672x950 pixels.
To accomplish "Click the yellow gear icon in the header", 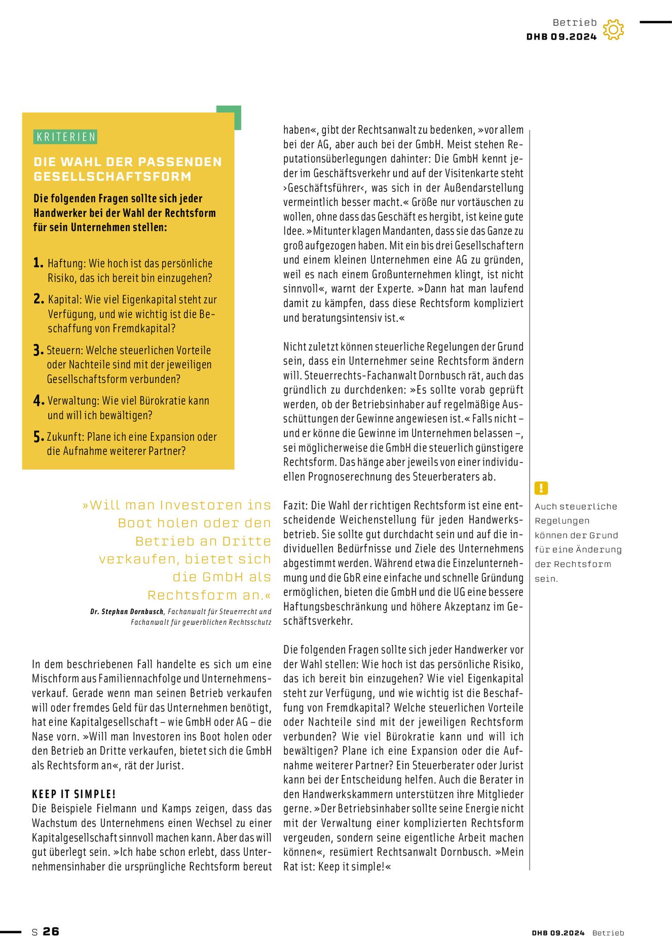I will tap(613, 30).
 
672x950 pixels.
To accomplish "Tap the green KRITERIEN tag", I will tap(66, 137).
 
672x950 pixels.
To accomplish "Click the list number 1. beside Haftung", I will tap(39, 263).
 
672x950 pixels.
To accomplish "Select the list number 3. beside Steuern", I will tap(39, 350).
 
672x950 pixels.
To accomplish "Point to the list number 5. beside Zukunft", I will tap(39, 437).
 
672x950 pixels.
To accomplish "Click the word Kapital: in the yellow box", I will tap(65, 299).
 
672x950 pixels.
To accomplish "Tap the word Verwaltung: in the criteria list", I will tap(73, 401).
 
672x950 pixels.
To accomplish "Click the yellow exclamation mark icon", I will tap(541, 488).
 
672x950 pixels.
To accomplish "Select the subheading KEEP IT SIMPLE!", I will tap(74, 794).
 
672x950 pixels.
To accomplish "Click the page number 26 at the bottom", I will tap(51, 931).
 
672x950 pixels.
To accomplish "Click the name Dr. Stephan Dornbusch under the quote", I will tap(127, 612).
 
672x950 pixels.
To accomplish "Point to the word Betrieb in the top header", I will tap(575, 22).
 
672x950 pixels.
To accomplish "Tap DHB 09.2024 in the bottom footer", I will tap(558, 933).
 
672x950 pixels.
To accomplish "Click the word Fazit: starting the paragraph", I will tap(296, 505).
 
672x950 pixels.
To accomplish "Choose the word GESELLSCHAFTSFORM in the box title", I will tap(113, 177).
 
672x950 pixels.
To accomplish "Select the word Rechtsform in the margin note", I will tap(582, 564).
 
